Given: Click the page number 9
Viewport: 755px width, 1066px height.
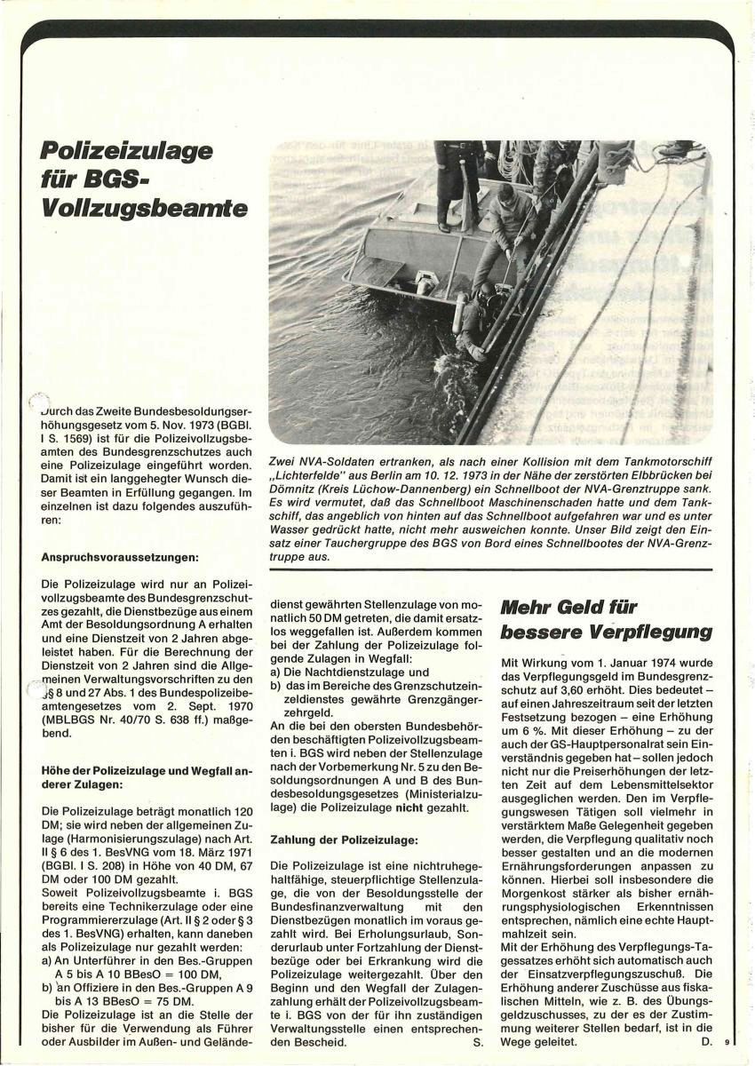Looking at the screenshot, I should [x=726, y=1043].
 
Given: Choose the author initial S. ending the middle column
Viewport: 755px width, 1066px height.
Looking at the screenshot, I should [x=478, y=1042].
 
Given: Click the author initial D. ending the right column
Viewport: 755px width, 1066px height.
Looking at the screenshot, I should [x=707, y=1042].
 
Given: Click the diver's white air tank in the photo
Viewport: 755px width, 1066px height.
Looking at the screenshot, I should [x=459, y=312].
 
